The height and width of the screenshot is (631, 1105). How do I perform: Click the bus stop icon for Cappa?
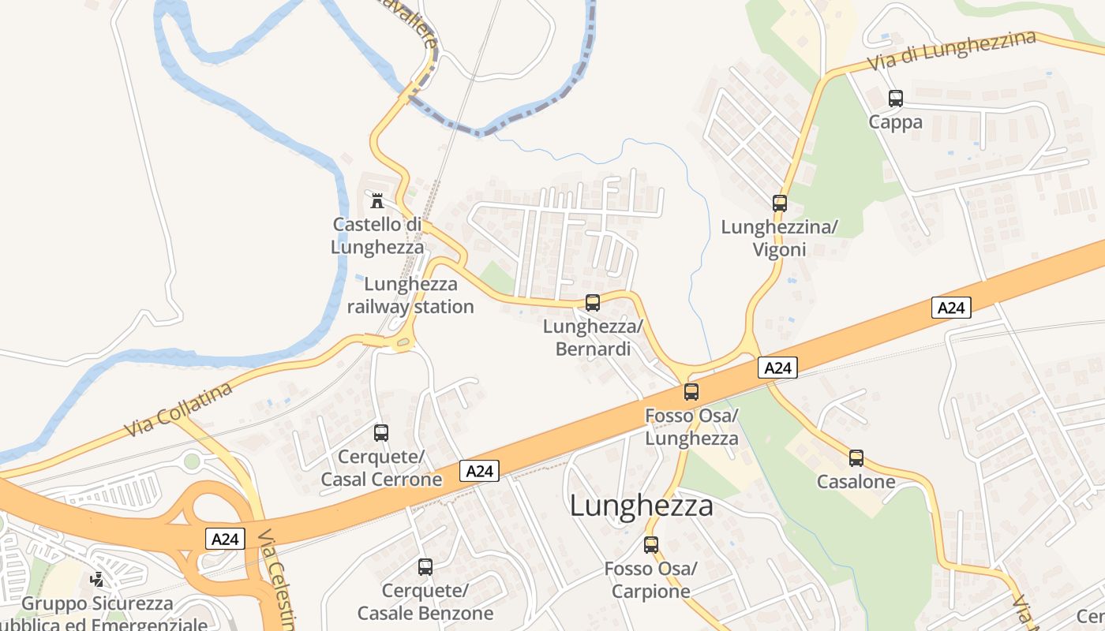tap(895, 99)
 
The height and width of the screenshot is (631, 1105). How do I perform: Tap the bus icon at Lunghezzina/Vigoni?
tap(780, 203)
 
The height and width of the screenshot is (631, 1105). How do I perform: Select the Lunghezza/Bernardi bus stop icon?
tap(593, 302)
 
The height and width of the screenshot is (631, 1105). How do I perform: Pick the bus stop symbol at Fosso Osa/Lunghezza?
tap(691, 391)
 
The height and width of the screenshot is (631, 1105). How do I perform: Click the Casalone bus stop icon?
tap(856, 458)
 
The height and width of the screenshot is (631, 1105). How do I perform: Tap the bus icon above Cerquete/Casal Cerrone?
tap(381, 433)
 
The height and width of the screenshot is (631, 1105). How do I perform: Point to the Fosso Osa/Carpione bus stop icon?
tap(651, 545)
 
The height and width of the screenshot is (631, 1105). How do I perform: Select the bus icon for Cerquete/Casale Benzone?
tap(425, 567)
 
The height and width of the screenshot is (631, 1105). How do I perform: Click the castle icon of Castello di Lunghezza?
tap(377, 200)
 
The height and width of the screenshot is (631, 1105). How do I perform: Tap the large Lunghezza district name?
tap(641, 506)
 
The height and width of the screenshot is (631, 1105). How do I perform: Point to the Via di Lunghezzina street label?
tap(950, 50)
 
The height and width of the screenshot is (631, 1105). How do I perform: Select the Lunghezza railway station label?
tap(410, 295)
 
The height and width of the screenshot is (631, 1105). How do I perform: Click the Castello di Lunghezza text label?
tap(377, 235)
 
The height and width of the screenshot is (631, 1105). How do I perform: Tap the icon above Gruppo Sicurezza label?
tap(97, 581)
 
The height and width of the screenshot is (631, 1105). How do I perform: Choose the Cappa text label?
tap(895, 122)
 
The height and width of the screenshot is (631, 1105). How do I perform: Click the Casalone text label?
tap(856, 482)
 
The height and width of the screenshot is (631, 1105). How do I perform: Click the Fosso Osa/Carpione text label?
tap(651, 580)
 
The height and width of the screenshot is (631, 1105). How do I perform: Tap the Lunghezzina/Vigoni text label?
tap(779, 238)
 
